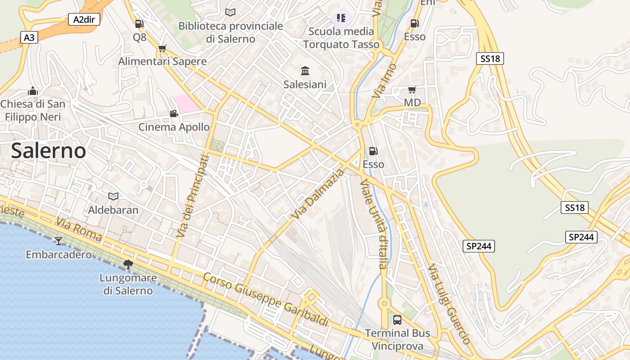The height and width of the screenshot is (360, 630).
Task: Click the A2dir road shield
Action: click(x=84, y=19)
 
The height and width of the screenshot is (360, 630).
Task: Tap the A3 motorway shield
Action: click(x=29, y=37)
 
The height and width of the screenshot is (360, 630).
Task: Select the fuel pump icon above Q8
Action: click(x=139, y=24)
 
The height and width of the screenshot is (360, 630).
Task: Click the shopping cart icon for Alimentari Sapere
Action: click(x=162, y=48)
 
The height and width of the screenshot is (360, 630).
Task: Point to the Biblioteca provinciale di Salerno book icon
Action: click(x=230, y=12)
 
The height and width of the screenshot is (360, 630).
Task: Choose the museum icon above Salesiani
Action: click(x=305, y=71)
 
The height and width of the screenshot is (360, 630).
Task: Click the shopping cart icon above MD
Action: click(x=412, y=90)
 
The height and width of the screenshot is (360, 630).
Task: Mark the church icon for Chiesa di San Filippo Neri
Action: click(x=32, y=91)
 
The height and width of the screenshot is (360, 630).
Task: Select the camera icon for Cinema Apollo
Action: click(x=174, y=113)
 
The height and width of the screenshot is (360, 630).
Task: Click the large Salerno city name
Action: click(x=48, y=150)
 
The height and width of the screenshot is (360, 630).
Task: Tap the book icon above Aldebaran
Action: click(x=113, y=196)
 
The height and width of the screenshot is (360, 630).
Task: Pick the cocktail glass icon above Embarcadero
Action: click(x=58, y=241)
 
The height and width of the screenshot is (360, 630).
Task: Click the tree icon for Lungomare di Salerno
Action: click(x=128, y=265)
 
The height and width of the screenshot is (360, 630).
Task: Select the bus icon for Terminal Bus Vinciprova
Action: click(x=397, y=320)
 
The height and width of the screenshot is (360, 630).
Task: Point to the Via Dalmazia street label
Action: click(x=318, y=194)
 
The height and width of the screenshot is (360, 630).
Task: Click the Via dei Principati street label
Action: click(x=193, y=196)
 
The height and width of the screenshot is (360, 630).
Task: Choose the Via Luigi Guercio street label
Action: click(x=449, y=304)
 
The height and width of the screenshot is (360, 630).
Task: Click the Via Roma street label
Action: click(x=79, y=229)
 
